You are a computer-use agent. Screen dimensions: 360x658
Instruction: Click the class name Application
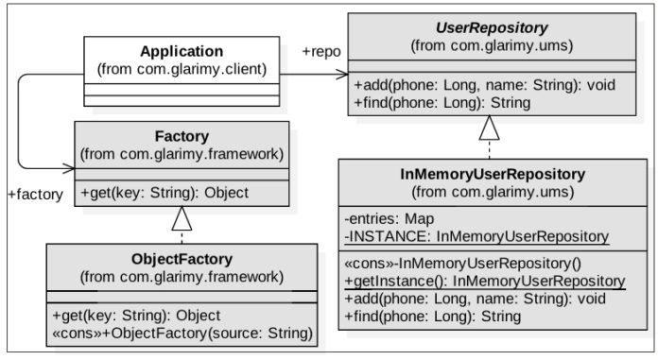click(182, 51)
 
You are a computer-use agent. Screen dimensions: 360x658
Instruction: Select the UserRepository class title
click(488, 26)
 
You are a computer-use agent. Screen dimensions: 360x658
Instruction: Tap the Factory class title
click(182, 136)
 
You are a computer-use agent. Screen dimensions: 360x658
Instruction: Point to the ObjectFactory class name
click(182, 258)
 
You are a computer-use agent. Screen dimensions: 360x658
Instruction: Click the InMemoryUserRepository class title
click(486, 175)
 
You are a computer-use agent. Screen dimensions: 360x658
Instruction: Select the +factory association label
click(35, 195)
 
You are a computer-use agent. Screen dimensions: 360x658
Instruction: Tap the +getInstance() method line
click(483, 281)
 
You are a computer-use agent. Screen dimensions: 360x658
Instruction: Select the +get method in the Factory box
click(164, 193)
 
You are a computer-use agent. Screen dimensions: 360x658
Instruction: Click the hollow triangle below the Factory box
click(181, 219)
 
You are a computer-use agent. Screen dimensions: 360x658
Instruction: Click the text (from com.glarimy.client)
click(182, 69)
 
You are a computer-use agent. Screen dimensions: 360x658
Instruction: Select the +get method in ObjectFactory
click(164, 315)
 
